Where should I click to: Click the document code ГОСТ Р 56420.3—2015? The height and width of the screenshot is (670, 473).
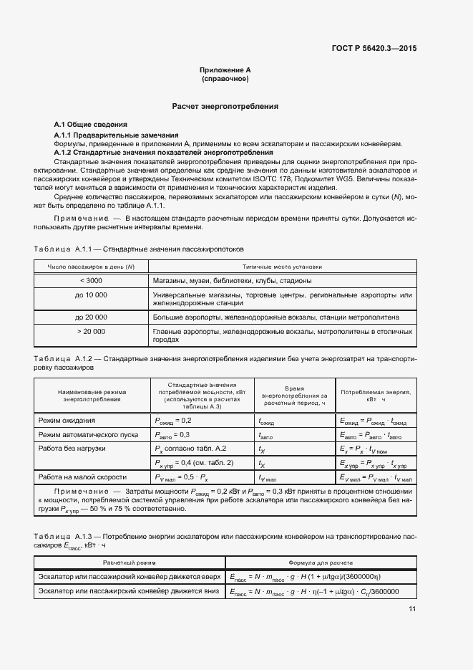pyautogui.click(x=374, y=49)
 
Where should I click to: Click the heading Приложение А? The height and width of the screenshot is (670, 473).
pyautogui.click(x=225, y=70)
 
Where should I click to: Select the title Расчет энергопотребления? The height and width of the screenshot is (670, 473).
pyautogui.click(x=225, y=106)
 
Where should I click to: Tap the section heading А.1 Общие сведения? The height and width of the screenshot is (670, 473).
pyautogui.click(x=91, y=125)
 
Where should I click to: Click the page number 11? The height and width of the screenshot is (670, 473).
pyautogui.click(x=412, y=609)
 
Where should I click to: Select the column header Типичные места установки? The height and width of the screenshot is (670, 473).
pyautogui.click(x=282, y=266)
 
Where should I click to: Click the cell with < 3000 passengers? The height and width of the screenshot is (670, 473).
pyautogui.click(x=91, y=280)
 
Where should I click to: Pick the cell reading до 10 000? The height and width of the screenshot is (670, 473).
pyautogui.click(x=91, y=295)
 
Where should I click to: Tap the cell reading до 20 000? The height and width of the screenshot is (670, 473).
pyautogui.click(x=91, y=317)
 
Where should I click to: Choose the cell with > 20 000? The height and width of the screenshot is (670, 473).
pyautogui.click(x=91, y=331)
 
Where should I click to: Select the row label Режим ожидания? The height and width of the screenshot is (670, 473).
pyautogui.click(x=67, y=421)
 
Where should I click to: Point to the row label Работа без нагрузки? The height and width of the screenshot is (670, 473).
pyautogui.click(x=72, y=448)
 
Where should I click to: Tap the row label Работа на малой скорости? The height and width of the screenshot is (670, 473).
pyautogui.click(x=82, y=477)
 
